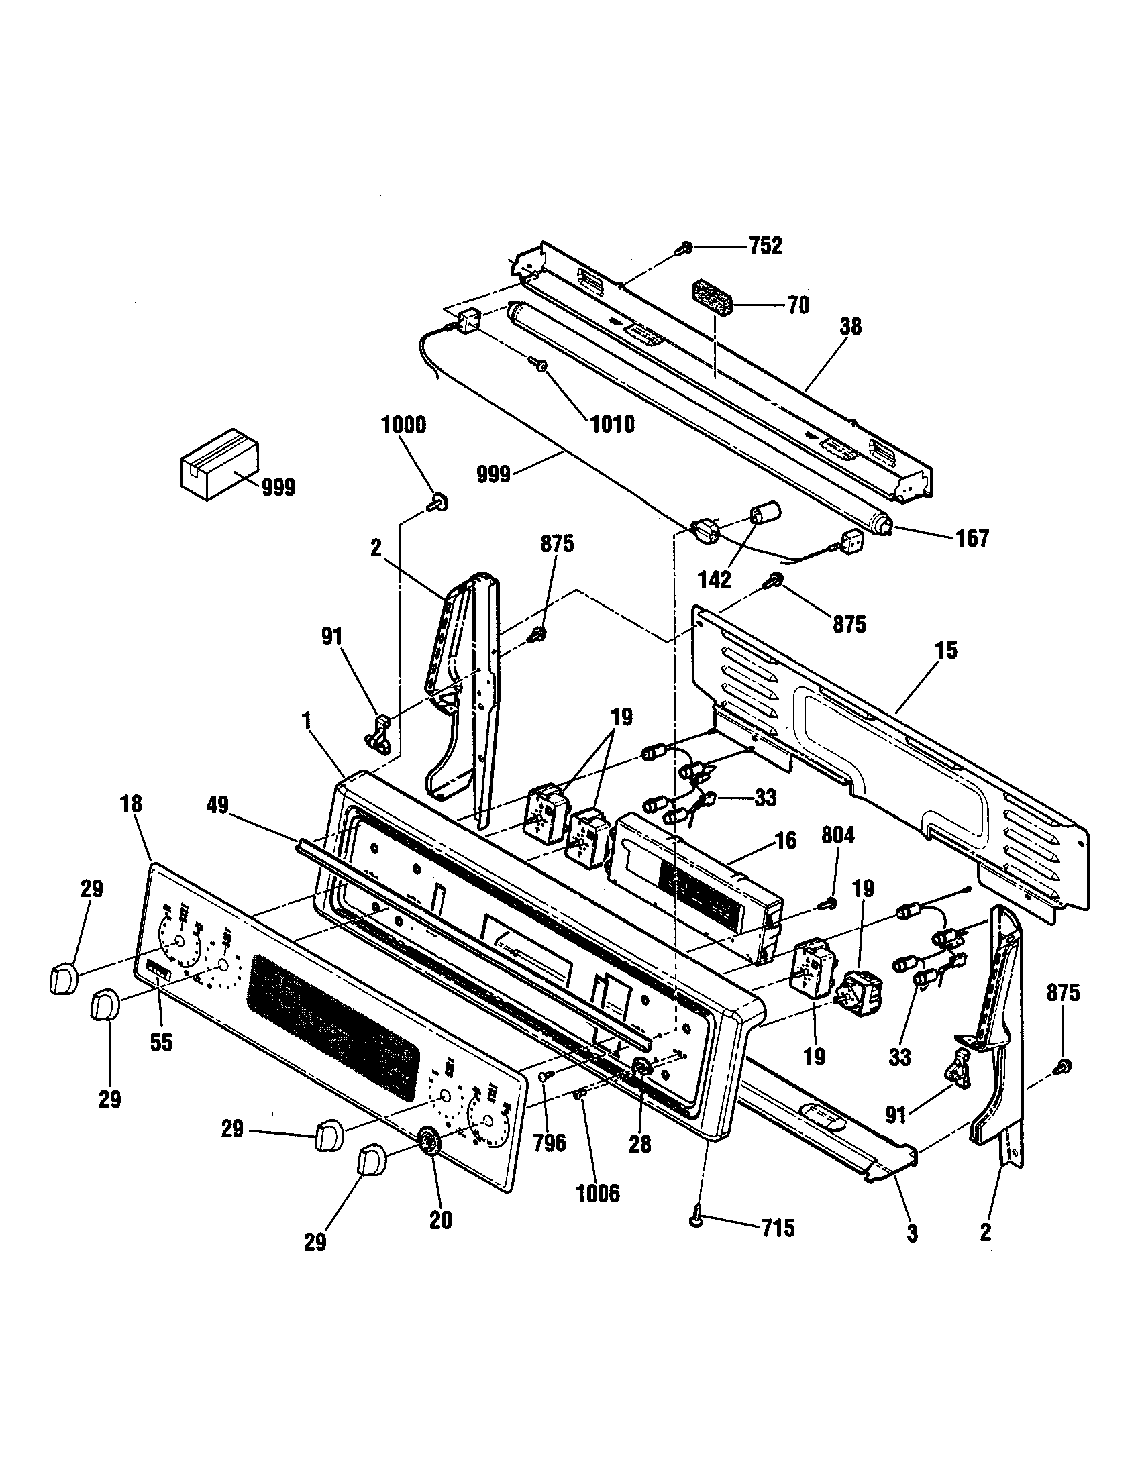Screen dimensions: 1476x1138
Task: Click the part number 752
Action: click(765, 246)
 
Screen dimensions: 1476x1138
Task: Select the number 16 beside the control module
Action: click(785, 841)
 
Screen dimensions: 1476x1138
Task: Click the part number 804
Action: click(838, 836)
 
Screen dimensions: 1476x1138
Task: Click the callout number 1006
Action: click(597, 1194)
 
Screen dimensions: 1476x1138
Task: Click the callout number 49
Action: click(218, 804)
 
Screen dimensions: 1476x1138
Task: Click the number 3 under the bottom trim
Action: click(913, 1233)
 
